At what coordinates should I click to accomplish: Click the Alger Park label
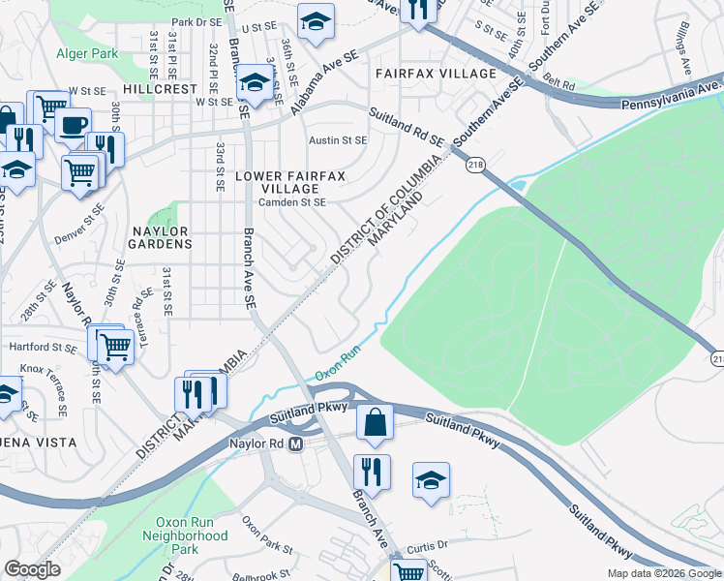click(87, 53)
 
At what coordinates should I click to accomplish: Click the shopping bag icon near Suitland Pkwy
click(375, 422)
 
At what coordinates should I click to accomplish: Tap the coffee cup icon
click(73, 124)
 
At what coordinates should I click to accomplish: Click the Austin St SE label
click(338, 140)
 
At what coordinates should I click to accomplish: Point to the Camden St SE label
click(291, 202)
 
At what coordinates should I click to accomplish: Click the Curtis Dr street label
click(428, 546)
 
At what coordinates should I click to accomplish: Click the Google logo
click(33, 569)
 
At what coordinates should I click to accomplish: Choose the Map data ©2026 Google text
click(663, 573)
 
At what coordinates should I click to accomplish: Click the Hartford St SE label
click(42, 346)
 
